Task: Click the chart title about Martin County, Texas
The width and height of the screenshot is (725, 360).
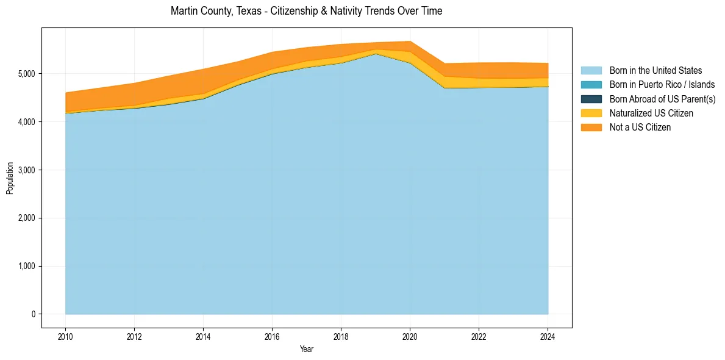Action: coord(306,11)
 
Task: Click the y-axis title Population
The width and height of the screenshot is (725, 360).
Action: coord(10,178)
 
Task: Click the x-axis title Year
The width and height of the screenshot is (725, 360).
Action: coord(307,349)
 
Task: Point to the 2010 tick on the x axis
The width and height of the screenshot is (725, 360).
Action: coord(65,336)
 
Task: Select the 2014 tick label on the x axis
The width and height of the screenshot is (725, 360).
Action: coord(203,336)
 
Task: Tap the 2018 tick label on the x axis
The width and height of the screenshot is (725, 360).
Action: coord(341,336)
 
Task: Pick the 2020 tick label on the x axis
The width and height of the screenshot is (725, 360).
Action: coord(410,336)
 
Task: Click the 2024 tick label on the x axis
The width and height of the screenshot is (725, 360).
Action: coord(548,336)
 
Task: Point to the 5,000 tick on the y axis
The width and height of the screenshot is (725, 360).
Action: coord(27,74)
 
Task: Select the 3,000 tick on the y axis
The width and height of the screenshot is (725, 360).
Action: coord(27,170)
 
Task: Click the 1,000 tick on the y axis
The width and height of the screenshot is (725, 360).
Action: coord(27,266)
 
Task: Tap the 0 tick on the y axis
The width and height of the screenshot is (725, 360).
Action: coord(34,314)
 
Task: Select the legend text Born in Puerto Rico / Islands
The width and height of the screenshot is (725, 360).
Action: coord(662,85)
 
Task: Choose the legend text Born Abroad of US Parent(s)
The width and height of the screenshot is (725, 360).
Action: coord(662,99)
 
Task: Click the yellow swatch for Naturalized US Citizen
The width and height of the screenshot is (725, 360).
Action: coord(591,113)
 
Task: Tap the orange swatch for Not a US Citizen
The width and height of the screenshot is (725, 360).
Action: coord(591,127)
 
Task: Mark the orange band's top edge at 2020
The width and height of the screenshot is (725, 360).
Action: coord(410,41)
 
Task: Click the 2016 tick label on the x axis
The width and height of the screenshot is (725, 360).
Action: coord(272,336)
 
